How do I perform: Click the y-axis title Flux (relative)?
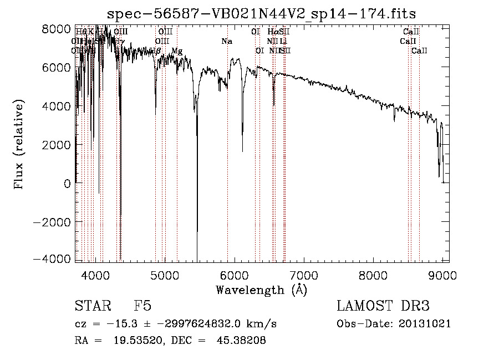(20, 145)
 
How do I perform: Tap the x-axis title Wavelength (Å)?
(261, 290)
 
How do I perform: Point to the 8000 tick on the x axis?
(373, 274)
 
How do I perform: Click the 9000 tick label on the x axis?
(442, 274)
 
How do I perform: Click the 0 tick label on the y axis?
(67, 183)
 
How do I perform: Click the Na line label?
(226, 42)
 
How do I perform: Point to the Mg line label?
(176, 51)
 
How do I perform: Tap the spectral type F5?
(142, 306)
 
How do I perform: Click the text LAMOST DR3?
(383, 306)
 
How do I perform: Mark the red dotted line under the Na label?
(227, 166)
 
